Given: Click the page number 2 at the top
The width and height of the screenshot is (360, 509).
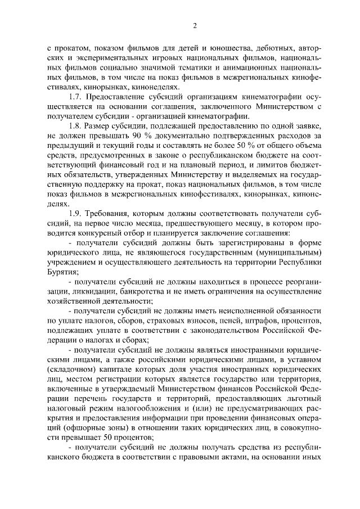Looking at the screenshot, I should tap(194, 25).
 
